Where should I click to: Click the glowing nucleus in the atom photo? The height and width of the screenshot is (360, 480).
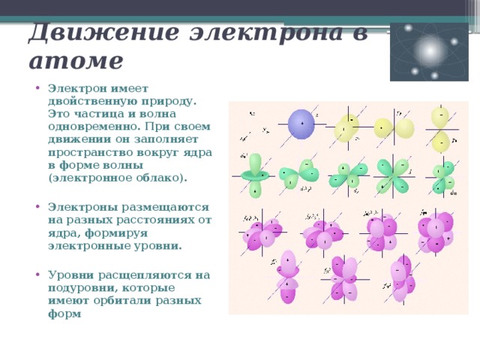coord(428,49)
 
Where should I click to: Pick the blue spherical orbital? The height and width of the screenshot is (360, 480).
coord(301,124)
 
